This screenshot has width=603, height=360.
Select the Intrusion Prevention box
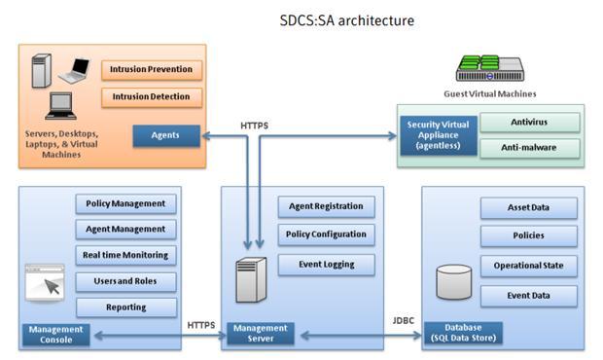point(152,70)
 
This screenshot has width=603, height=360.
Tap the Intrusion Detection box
point(152,97)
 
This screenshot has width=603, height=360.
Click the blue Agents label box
point(166,136)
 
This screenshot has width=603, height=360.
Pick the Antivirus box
point(530,123)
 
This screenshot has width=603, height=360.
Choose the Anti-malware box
point(530,149)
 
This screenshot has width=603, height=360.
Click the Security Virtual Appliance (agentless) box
point(438,135)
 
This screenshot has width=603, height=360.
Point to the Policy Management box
point(125,204)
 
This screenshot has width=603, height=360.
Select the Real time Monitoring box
point(125,256)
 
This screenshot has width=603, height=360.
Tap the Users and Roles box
point(125,281)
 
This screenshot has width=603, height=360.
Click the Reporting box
point(125,307)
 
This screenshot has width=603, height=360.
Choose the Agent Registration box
point(326,206)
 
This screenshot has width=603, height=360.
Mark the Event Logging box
point(326,264)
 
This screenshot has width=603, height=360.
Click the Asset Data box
point(528,208)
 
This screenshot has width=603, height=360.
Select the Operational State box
point(528,266)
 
